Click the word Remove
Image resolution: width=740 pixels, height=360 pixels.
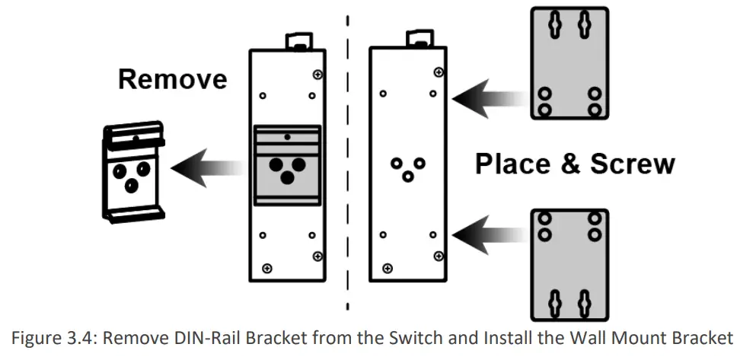pos(172,80)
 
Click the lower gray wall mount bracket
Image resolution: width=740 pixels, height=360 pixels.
pos(569,262)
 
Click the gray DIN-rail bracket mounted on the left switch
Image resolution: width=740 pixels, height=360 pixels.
pos(286,164)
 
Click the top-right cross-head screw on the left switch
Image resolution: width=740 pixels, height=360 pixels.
pos(317,74)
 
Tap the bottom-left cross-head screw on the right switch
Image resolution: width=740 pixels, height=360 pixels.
pos(388,267)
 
